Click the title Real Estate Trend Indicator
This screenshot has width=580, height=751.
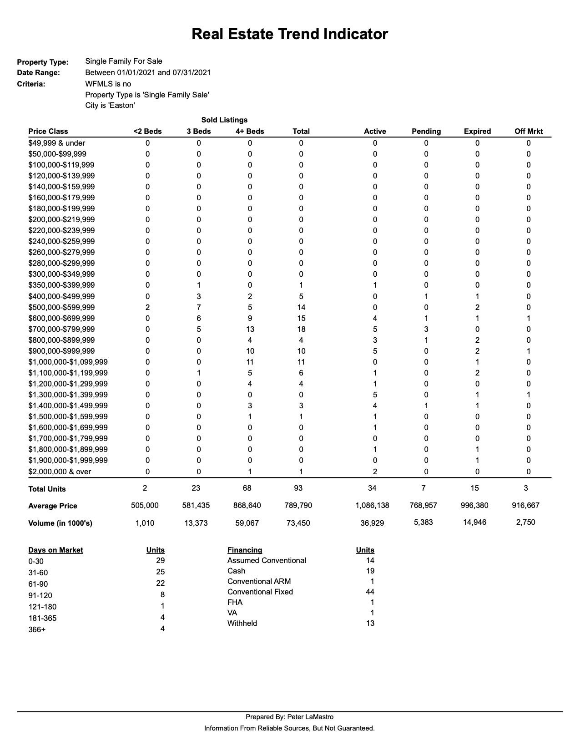pos(289,34)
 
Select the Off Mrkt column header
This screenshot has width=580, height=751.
pos(529,131)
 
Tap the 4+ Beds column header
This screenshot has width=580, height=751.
pos(250,131)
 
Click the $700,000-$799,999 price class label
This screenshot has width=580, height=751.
pos(61,329)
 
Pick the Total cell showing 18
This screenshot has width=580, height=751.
pos(301,329)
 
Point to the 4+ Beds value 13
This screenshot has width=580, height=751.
pos(250,329)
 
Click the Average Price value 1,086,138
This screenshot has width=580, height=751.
pos(372,505)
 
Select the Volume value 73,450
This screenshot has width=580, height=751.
pos(298,523)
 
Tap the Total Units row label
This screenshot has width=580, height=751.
pos(47,489)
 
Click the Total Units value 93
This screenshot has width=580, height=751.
pos(298,488)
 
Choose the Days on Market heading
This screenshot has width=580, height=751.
pos(55,550)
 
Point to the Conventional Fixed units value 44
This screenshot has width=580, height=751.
pos(370,592)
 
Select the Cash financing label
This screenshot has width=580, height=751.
pos(236,571)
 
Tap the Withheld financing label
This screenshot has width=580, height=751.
pos(242,623)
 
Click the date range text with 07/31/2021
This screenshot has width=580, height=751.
pos(148,72)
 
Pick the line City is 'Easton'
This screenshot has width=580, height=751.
pos(110,106)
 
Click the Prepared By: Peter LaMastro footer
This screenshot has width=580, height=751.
pos(289,717)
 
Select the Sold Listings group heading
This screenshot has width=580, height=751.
pos(224,120)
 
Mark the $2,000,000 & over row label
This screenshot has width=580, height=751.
pos(60,472)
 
